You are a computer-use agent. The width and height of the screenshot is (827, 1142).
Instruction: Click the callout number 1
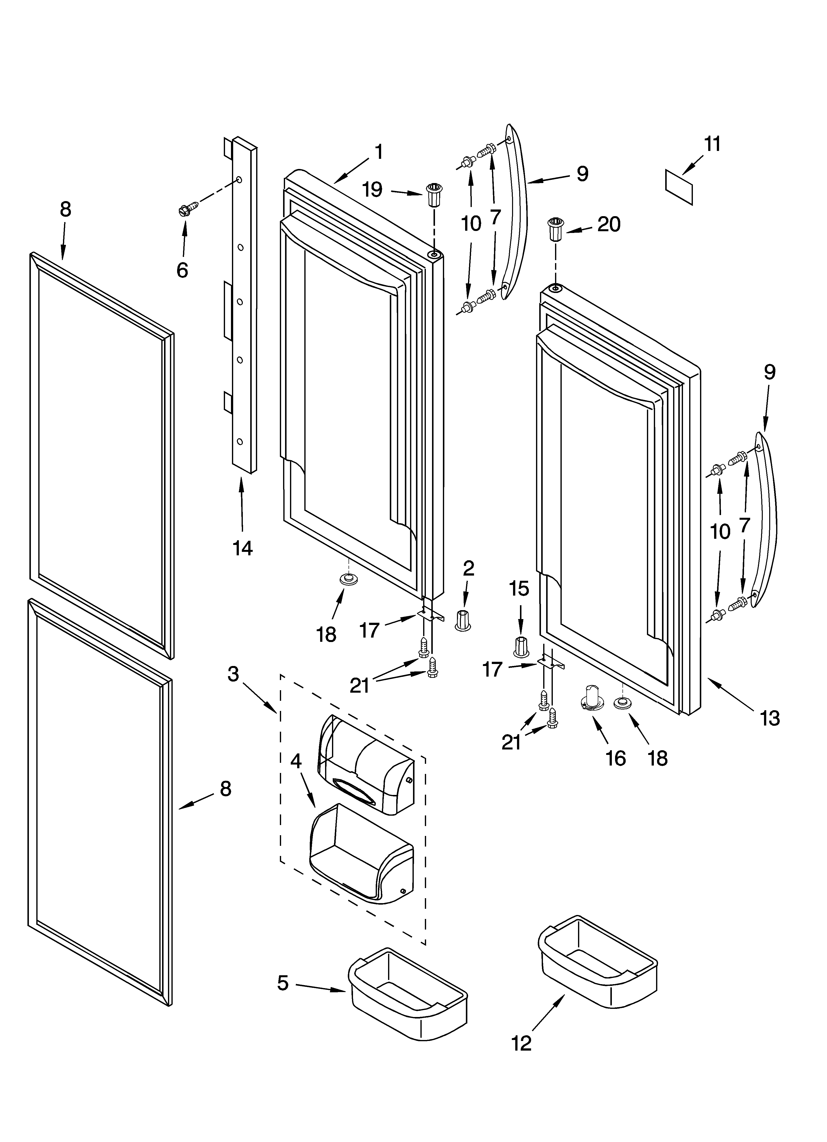click(379, 152)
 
